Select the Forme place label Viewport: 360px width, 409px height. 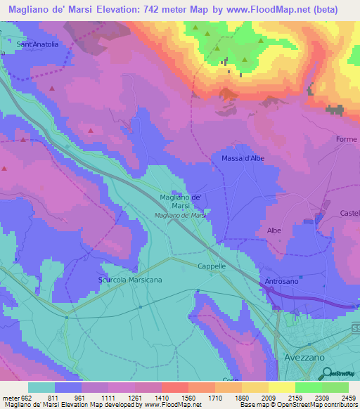coord(346,139)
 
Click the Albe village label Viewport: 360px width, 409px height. coord(274,230)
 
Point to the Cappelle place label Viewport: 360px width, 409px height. coord(211,266)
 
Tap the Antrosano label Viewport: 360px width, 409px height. coord(280,282)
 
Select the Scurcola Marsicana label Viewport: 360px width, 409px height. coord(130,280)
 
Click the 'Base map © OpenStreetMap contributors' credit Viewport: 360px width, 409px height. coord(298,405)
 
